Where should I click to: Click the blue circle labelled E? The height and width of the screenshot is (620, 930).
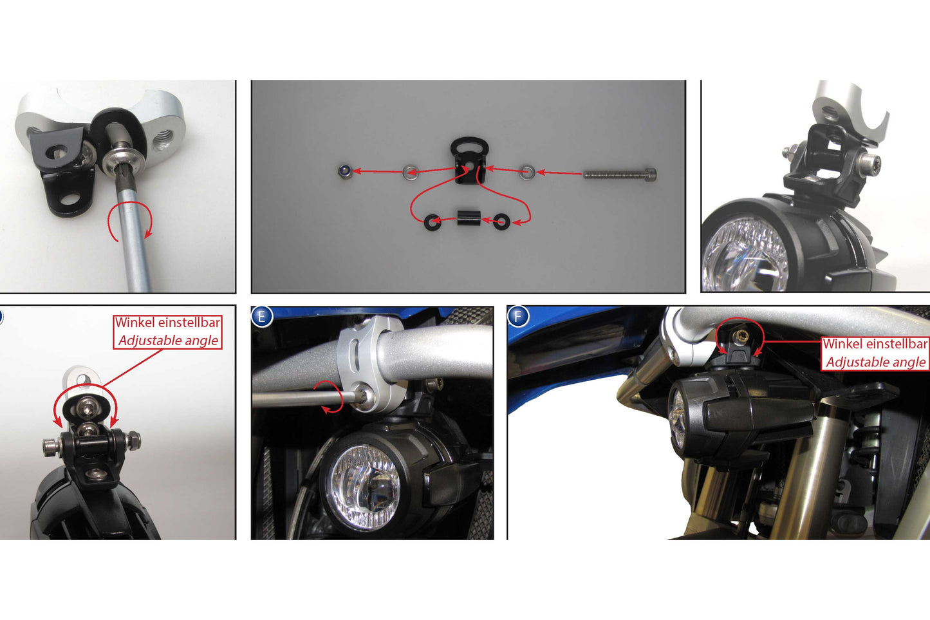pyautogui.click(x=261, y=317)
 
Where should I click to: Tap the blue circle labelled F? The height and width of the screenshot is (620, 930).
pyautogui.click(x=517, y=317)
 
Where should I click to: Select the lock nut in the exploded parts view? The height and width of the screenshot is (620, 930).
pyautogui.click(x=344, y=171)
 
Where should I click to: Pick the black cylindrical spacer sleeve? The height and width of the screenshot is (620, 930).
pyautogui.click(x=469, y=218)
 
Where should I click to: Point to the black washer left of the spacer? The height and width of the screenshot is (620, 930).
pyautogui.click(x=433, y=222)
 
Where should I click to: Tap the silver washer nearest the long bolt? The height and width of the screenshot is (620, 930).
pyautogui.click(x=527, y=173)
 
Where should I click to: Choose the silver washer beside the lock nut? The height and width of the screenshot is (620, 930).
pyautogui.click(x=411, y=173)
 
